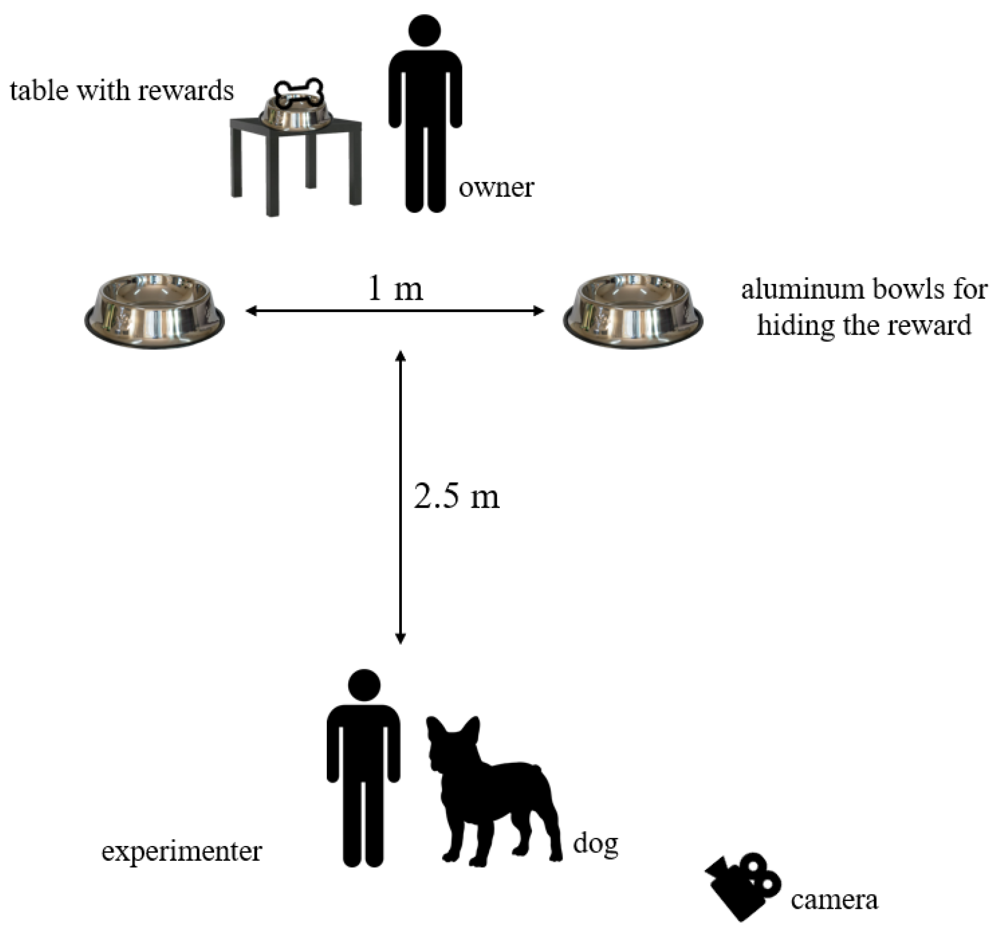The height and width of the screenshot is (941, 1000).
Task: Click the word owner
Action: click(x=496, y=188)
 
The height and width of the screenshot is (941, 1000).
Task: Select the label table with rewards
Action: click(x=122, y=90)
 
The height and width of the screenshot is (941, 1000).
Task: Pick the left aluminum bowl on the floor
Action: click(x=154, y=310)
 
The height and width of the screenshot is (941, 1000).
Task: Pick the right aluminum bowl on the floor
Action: click(x=633, y=310)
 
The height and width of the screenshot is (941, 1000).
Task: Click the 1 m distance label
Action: click(x=395, y=288)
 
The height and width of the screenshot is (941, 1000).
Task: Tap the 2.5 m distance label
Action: click(x=457, y=497)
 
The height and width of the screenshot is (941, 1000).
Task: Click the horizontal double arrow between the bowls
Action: click(x=395, y=310)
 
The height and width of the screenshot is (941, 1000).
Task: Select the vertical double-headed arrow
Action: click(x=400, y=498)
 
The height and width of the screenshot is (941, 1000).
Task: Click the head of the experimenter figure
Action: click(x=364, y=685)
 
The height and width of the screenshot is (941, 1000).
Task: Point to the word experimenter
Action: click(x=181, y=851)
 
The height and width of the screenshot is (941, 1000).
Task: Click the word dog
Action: click(x=595, y=844)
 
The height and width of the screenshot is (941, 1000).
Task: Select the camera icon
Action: click(x=742, y=885)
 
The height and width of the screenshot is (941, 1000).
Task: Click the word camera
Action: click(x=834, y=900)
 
